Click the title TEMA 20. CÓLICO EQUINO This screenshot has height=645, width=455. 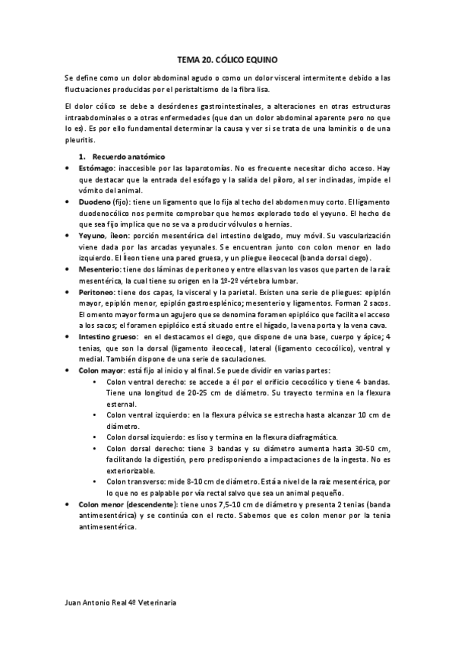[x=227, y=59]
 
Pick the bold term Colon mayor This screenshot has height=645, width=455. [x=100, y=371]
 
